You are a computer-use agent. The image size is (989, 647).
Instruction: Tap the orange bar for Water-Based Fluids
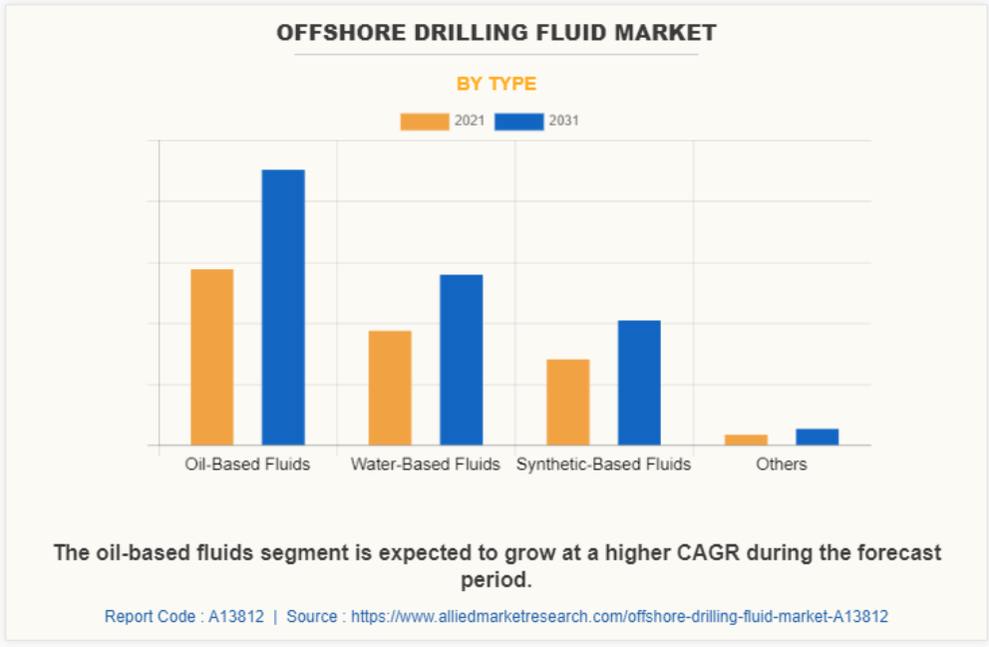(390, 388)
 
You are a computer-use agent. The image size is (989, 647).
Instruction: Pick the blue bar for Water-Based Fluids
(462, 360)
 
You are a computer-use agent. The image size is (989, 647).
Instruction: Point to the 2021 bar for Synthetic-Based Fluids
(568, 402)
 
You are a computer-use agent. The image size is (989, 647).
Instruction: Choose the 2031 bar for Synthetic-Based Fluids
(639, 383)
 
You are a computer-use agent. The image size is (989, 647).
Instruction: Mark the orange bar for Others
(746, 439)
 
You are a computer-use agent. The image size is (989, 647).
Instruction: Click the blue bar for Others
(818, 437)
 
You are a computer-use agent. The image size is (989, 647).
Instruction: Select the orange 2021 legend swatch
(425, 122)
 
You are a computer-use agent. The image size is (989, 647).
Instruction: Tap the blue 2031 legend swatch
(519, 122)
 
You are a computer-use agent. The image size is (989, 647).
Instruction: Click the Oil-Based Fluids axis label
(247, 465)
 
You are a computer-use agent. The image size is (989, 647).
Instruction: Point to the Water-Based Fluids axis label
(426, 465)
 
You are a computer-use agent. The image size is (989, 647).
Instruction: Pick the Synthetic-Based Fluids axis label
(603, 465)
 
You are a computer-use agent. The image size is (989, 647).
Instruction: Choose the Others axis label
(782, 465)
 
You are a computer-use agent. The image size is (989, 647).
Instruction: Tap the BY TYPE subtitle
(496, 84)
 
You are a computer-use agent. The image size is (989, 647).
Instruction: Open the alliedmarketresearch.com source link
(617, 617)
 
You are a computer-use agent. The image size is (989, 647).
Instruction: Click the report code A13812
(236, 617)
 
